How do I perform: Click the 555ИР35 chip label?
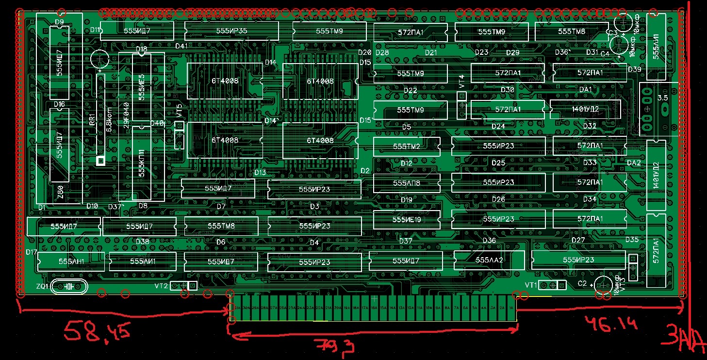click(232, 31)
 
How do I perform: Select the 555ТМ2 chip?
click(407, 146)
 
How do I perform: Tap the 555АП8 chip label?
click(407, 183)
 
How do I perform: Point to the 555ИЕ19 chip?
click(407, 220)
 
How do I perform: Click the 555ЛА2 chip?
click(489, 260)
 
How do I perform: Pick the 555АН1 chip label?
click(71, 262)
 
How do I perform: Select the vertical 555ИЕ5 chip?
click(142, 86)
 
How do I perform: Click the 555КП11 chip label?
click(142, 163)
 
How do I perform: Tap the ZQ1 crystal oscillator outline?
click(68, 287)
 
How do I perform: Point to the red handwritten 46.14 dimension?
click(610, 323)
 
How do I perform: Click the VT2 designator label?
click(161, 286)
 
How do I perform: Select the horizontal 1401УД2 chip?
click(585, 109)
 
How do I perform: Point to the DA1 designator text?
click(586, 90)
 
